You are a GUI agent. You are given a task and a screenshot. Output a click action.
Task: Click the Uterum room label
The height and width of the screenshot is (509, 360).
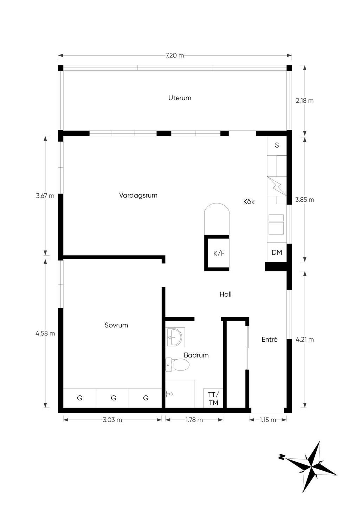[180, 98]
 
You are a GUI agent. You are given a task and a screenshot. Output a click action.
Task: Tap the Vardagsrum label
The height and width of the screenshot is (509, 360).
[138, 195]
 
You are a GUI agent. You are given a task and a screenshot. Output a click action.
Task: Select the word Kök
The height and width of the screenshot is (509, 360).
[249, 201]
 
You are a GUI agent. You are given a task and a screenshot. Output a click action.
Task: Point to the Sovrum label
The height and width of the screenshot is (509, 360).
[116, 325]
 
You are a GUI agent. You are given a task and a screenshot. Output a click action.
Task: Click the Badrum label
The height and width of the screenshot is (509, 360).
[196, 355]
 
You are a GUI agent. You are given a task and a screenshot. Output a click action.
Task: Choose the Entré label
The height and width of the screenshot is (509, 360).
[270, 339]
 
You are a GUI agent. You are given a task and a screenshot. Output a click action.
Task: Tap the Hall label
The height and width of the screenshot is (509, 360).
[225, 294]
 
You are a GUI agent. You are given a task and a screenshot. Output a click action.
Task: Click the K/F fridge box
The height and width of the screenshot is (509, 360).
[217, 253]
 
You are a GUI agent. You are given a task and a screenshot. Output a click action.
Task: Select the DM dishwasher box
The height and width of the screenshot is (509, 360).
[277, 252]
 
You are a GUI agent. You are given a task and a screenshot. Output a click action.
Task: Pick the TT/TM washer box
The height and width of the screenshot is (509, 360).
[213, 399]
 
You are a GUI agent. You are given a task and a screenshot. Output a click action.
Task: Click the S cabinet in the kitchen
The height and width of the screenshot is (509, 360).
[277, 146]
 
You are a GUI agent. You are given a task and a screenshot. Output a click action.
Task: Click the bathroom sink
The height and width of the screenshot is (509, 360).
[175, 337]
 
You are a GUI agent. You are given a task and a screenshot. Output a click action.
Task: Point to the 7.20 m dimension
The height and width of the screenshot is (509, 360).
[174, 56]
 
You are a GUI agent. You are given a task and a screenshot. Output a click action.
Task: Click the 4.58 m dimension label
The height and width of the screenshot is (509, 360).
[45, 333]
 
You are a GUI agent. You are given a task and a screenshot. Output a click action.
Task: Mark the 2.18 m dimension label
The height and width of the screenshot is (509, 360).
[304, 101]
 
